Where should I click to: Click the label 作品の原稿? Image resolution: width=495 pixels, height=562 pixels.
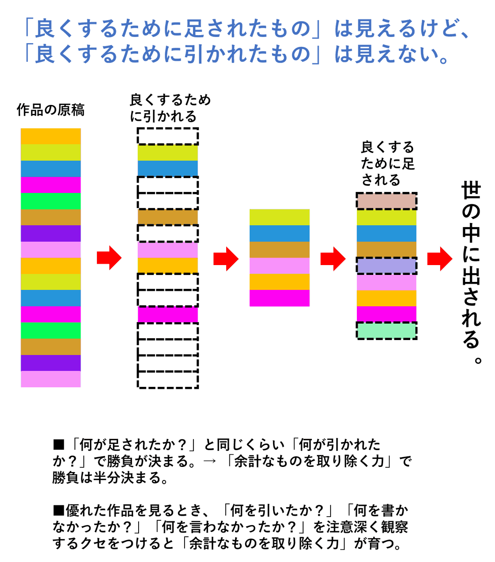coord(51,110)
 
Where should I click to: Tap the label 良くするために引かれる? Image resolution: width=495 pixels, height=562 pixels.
coord(170,108)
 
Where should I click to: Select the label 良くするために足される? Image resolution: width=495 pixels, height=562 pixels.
coord(387,164)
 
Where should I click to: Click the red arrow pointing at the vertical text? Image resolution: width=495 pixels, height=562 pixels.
coord(440,258)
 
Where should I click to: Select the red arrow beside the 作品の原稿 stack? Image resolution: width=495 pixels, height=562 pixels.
coord(109,258)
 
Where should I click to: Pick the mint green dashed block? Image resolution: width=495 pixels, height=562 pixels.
coord(386,331)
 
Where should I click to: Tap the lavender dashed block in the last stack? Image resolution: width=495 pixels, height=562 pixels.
coord(386,266)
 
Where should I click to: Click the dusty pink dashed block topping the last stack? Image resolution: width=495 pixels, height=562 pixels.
coord(386,201)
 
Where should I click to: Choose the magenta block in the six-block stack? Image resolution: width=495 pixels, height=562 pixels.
coord(280,298)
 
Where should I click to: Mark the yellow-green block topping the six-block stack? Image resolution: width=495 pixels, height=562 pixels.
coord(280,217)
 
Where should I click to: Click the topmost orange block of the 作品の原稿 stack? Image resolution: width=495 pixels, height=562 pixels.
coord(51,136)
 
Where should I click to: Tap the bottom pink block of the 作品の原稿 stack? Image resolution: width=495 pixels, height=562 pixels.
coord(51,379)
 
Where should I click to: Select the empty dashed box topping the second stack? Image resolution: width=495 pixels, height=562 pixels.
coord(168,136)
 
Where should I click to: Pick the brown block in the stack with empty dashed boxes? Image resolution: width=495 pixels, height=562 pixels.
coord(168,217)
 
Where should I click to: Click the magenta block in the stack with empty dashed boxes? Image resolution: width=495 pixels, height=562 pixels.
coord(168,314)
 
